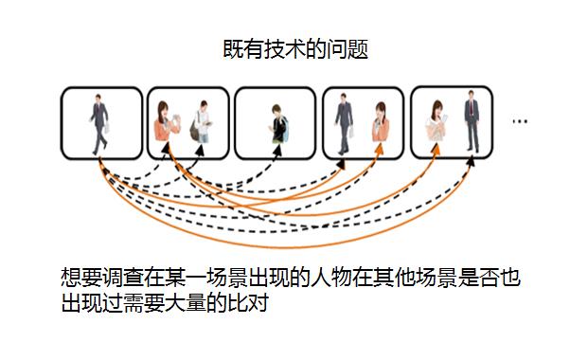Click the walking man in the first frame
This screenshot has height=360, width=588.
coord(99,121)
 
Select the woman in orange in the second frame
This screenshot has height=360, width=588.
coord(167,123)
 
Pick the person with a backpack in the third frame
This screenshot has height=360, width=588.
coord(276,123)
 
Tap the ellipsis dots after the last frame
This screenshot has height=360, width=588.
coord(519,121)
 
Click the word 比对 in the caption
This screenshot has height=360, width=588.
coord(256,306)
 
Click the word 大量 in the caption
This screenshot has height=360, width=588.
coord(204,306)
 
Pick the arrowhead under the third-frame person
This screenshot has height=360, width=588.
coord(276,153)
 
